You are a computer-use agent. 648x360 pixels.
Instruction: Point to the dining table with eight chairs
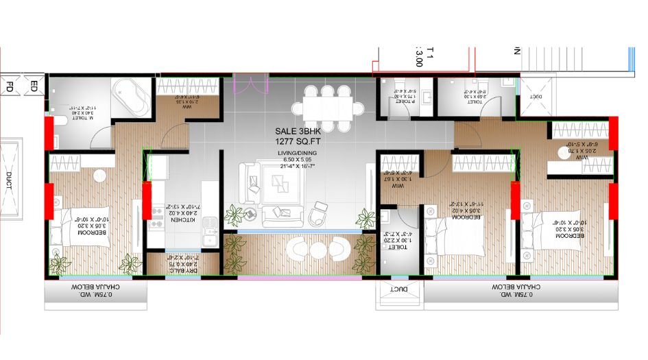(326, 108)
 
